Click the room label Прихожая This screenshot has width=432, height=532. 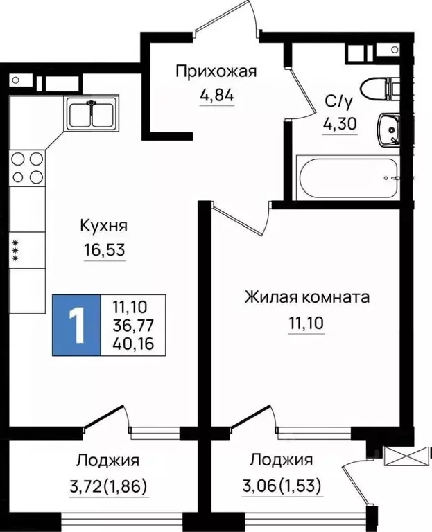[216, 71]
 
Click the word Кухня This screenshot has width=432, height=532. [104, 226]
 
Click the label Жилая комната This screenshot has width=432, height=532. [306, 298]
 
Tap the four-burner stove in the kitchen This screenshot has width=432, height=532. [28, 167]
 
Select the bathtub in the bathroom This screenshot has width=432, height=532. [347, 178]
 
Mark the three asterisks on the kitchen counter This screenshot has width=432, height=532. [14, 250]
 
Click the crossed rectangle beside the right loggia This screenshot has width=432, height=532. [405, 457]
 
